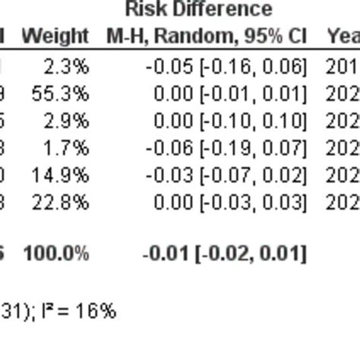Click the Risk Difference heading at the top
(x=198, y=10)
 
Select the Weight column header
(x=55, y=36)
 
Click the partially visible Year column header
(x=343, y=36)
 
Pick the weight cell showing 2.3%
(x=66, y=67)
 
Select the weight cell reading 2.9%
(x=66, y=122)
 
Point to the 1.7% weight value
(x=66, y=149)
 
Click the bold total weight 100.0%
(x=55, y=253)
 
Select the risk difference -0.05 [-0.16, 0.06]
(x=226, y=67)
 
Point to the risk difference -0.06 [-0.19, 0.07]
(x=226, y=149)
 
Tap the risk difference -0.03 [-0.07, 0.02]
(x=226, y=176)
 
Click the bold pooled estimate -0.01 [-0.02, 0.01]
(x=224, y=253)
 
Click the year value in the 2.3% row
(x=343, y=67)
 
